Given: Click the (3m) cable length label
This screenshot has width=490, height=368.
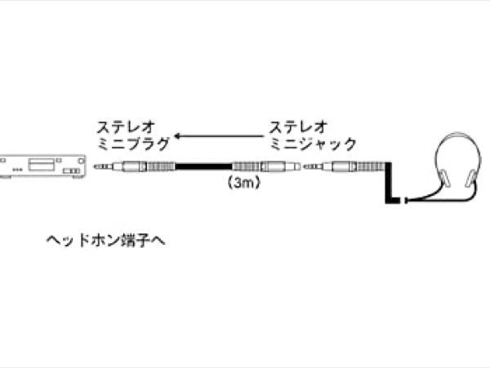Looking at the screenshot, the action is [x=243, y=183].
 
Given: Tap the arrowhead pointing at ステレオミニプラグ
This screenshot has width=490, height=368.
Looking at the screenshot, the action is [x=177, y=136].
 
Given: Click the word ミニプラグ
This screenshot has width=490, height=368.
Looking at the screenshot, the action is [x=133, y=144].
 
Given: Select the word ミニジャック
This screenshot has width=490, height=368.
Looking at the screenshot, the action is [x=313, y=144].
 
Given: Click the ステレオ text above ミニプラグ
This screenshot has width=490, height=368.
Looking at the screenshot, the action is [x=126, y=126].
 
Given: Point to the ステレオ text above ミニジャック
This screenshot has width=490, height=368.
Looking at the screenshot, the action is [x=298, y=126].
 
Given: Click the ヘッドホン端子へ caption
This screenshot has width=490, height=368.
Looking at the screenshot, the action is [x=105, y=241].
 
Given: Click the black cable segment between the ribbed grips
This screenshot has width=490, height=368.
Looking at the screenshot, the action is [x=203, y=166].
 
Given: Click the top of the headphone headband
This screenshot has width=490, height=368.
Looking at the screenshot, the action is [x=458, y=134].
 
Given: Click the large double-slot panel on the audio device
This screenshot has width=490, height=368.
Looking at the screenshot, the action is [x=41, y=164].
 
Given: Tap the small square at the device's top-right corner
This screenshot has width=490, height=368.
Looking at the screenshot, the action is [x=82, y=161].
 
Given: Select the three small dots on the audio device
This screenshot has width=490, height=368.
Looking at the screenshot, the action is [x=17, y=170].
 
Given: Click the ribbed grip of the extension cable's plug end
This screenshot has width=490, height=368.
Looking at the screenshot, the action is [x=160, y=166].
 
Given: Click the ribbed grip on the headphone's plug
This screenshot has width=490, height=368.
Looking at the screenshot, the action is [x=369, y=166].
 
